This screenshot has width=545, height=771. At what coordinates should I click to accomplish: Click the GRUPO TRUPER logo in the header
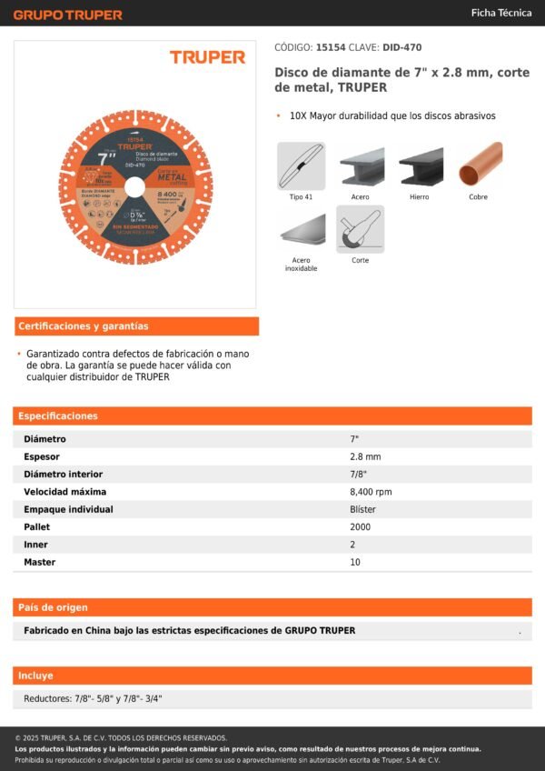(67, 15)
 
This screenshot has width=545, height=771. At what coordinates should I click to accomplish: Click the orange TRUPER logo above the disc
(207, 57)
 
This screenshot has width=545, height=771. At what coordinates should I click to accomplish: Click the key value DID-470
(401, 47)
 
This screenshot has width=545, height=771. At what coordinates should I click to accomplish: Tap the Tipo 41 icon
(301, 165)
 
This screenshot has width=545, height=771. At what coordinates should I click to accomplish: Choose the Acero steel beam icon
(360, 165)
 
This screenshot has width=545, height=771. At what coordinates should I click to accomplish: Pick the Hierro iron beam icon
(419, 165)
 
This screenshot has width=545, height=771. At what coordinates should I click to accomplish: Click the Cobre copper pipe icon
(479, 165)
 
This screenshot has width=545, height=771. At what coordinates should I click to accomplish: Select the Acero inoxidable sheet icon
(301, 229)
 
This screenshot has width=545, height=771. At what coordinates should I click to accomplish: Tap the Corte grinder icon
(360, 229)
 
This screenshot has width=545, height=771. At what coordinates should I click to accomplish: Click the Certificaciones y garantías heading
(84, 326)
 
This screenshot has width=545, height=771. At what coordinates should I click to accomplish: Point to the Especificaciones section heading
(58, 416)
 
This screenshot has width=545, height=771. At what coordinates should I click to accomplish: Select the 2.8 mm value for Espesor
(365, 456)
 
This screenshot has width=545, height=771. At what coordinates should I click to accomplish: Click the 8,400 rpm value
(371, 492)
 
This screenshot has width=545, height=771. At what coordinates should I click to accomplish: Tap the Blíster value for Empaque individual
(362, 509)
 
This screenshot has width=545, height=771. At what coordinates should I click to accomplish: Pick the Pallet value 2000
(361, 526)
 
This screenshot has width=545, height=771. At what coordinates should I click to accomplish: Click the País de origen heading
(54, 607)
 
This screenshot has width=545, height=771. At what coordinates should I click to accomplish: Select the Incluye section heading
(36, 676)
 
